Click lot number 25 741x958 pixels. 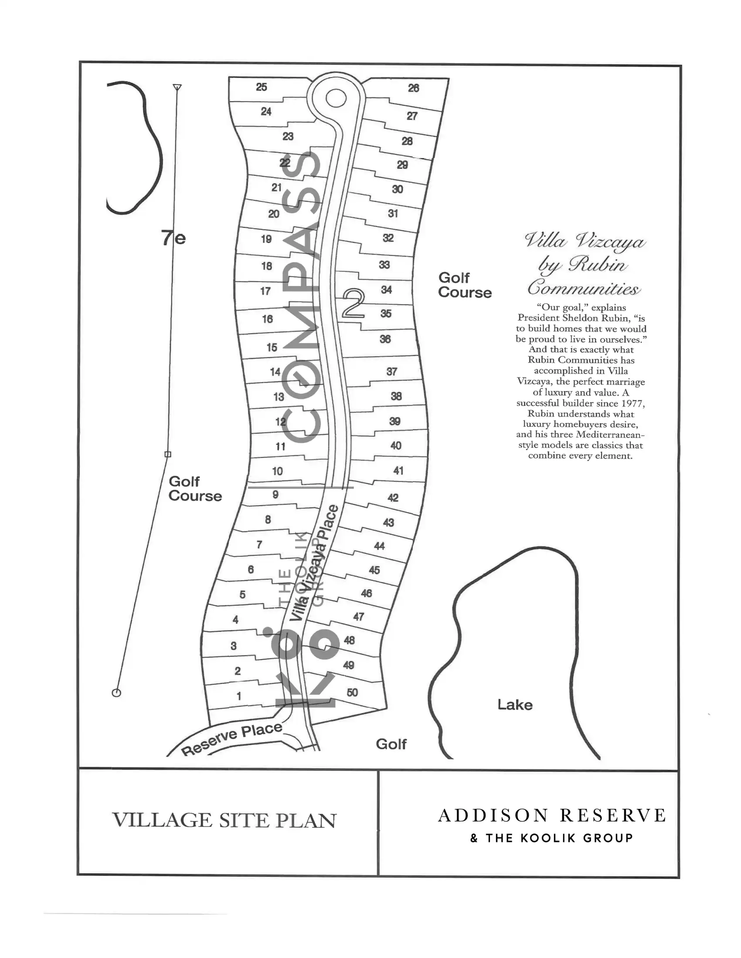(262, 87)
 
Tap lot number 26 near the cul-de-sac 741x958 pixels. (414, 88)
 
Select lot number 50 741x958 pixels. (352, 692)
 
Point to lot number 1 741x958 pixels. (239, 696)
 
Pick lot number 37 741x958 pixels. (391, 371)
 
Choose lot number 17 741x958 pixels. (265, 291)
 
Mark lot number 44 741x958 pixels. (379, 546)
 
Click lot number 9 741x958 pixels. (275, 494)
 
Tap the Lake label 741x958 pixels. (515, 705)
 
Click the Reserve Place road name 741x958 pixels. (232, 738)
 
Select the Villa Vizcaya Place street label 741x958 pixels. (315, 563)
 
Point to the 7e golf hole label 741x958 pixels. (173, 238)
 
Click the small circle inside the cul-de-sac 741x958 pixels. (336, 98)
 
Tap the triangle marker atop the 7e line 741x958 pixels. (177, 87)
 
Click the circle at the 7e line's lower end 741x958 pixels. (116, 693)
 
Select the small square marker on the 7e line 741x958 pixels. (168, 455)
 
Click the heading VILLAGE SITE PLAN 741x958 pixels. (224, 820)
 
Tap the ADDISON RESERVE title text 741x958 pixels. (552, 816)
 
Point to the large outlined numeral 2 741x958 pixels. (354, 303)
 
